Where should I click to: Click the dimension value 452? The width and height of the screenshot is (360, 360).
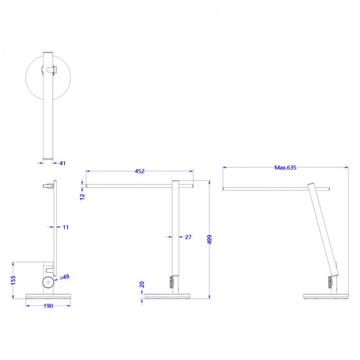coord(139,171)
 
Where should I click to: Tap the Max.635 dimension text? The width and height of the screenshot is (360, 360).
coord(285,168)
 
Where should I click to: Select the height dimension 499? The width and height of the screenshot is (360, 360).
coord(209,240)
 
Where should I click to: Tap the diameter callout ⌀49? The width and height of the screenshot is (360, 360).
coord(64,278)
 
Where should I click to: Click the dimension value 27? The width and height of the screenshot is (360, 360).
coord(188,237)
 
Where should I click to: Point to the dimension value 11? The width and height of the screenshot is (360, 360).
coord(65,227)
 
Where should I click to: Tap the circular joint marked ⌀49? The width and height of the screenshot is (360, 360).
coord(48,283)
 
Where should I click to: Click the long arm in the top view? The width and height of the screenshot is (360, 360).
coord(48,105)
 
